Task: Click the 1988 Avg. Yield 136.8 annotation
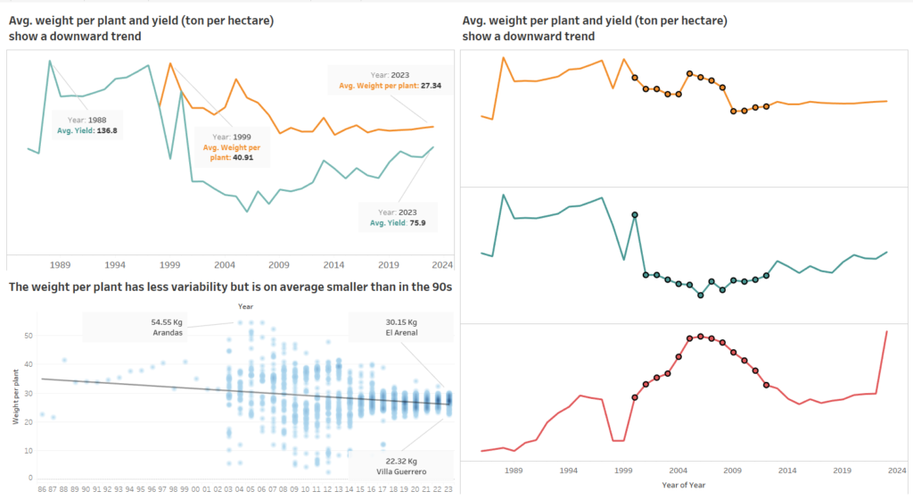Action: [x=86, y=125]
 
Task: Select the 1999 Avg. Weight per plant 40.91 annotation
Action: [x=232, y=146]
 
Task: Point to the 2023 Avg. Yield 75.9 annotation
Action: [x=396, y=218]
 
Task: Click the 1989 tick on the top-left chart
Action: [x=61, y=265]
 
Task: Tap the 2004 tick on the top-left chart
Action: [x=224, y=265]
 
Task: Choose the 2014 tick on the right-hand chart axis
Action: [x=787, y=470]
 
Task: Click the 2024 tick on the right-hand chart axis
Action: [x=897, y=470]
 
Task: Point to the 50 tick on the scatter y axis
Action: [x=28, y=335]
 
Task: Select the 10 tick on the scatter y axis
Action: [x=28, y=452]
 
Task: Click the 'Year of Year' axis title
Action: [x=683, y=485]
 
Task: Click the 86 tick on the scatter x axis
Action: [x=42, y=488]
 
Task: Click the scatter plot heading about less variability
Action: [x=230, y=287]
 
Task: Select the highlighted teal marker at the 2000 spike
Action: [x=635, y=215]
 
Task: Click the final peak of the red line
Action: [x=887, y=331]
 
